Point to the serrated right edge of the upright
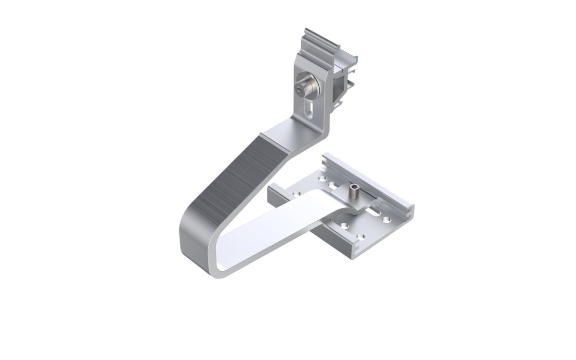(332, 115)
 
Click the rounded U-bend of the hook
(194, 240)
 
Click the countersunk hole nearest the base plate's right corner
(387, 221)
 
